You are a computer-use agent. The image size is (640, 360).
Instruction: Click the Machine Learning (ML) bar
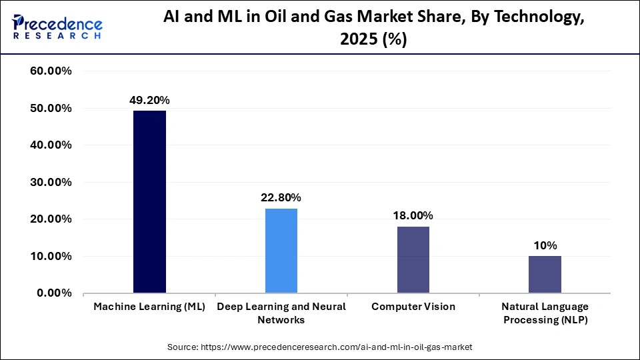[149, 201]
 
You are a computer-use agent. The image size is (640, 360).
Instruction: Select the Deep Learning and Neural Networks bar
[281, 251]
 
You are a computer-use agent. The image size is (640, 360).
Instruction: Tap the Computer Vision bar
[413, 259]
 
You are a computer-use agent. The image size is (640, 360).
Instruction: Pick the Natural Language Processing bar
[545, 274]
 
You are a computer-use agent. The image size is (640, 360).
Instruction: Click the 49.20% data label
[149, 101]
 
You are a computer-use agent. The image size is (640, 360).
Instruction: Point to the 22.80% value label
[281, 198]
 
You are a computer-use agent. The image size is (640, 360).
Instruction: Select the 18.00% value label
[413, 216]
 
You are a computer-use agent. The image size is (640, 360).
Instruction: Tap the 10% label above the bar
[545, 245]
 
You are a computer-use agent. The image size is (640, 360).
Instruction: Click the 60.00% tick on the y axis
[51, 71]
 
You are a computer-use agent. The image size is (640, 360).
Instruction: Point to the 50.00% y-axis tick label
[51, 108]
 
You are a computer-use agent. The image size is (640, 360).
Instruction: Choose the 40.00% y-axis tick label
[51, 145]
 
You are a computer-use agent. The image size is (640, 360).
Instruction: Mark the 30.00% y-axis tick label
[51, 182]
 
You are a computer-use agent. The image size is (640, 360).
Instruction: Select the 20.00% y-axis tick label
[51, 219]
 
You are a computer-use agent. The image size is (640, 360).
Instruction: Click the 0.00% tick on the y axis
[54, 293]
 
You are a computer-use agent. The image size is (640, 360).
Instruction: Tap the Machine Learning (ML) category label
[149, 307]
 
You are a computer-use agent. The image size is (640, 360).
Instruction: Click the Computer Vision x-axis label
[413, 307]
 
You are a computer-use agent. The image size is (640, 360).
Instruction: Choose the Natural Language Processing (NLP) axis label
[545, 313]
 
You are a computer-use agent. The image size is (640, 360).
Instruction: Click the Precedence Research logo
[57, 27]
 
